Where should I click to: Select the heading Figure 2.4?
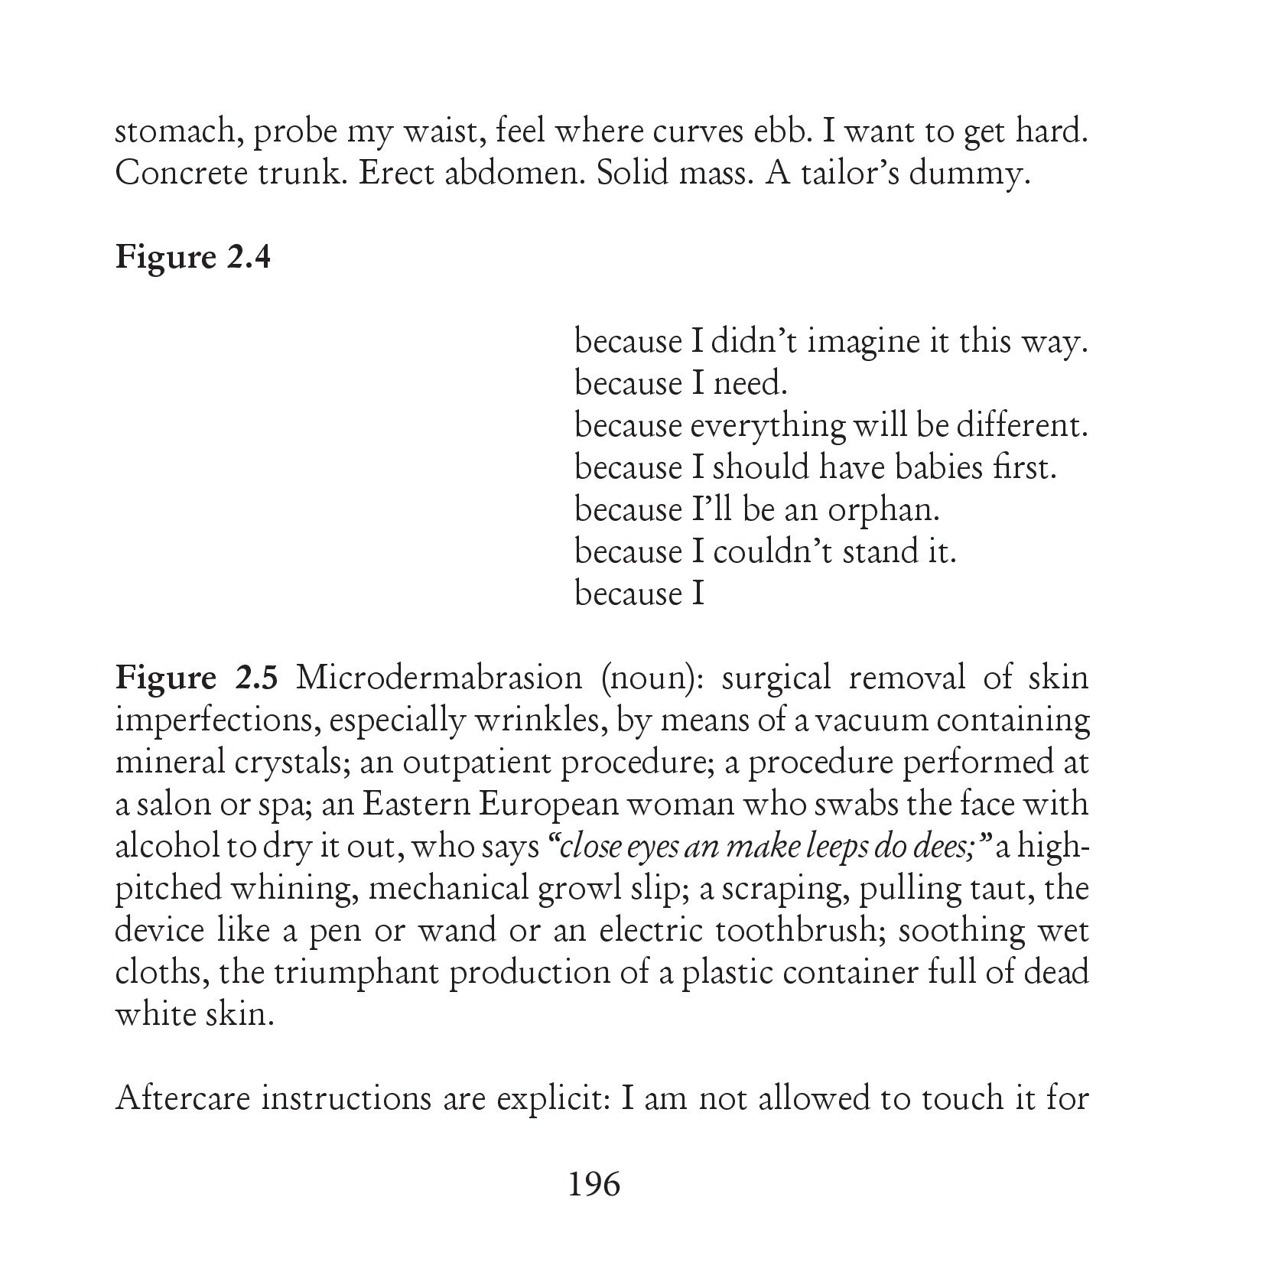pyautogui.click(x=193, y=258)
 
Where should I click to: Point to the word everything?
pyautogui.click(x=767, y=426)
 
